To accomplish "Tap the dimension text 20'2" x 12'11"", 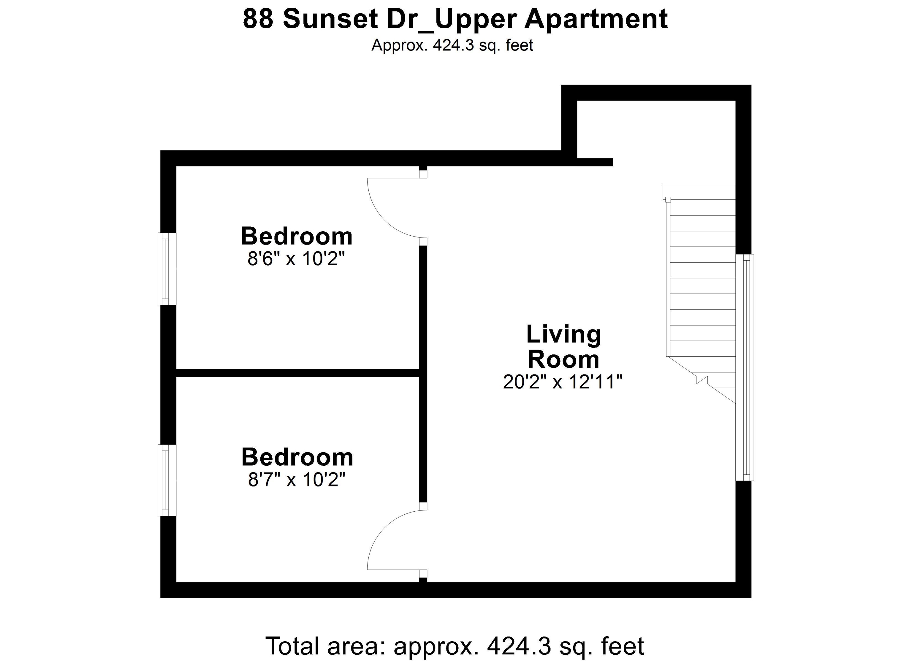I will [563, 382].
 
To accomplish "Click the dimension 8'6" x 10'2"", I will [296, 258].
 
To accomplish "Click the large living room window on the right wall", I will [745, 367].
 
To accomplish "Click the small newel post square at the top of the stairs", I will [668, 199].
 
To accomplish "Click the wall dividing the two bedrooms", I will [297, 373].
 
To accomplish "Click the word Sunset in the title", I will [330, 19].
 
